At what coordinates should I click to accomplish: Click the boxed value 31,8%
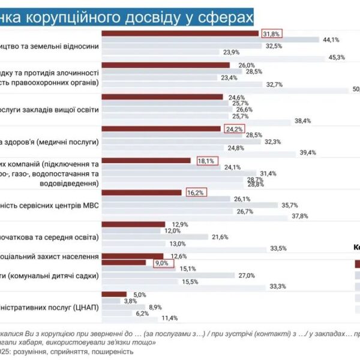[x=271, y=34]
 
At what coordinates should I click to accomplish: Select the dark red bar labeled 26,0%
[x=166, y=65]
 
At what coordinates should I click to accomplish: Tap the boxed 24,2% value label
[x=233, y=128]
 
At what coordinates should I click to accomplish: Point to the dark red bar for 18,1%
[x=147, y=160]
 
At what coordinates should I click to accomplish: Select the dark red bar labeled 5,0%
[x=115, y=295]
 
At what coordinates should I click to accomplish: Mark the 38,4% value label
[x=302, y=121]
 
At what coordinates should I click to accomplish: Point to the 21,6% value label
[x=220, y=237]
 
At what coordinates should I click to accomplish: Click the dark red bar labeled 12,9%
[x=134, y=224]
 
